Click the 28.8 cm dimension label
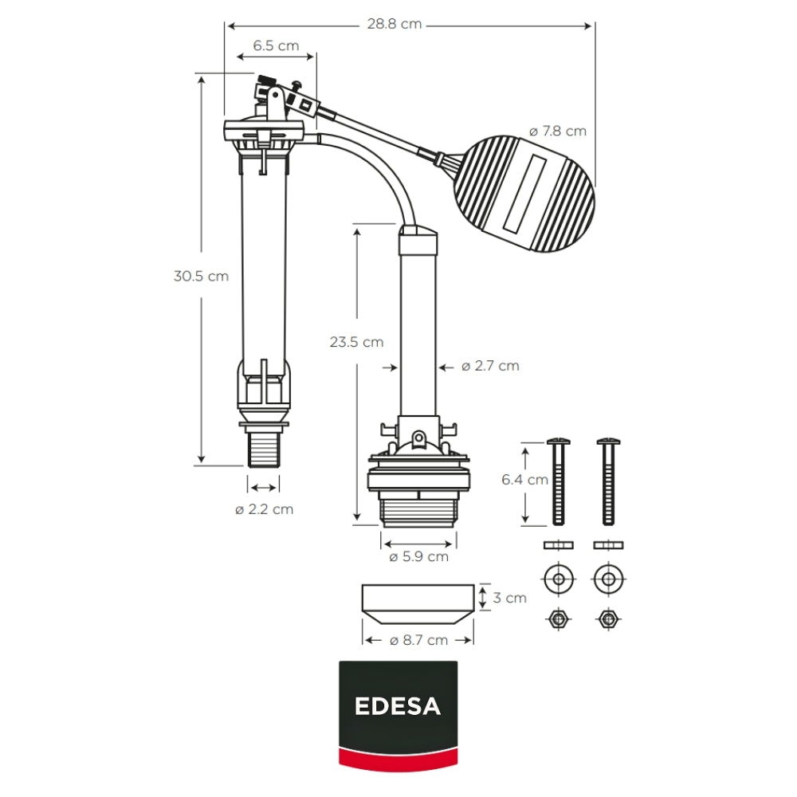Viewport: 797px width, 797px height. coord(395,25)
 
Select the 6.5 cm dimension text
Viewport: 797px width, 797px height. coord(276,45)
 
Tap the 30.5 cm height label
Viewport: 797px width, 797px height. coord(202,276)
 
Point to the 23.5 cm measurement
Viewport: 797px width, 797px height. coord(356,342)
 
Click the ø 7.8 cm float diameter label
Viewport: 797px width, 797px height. coord(558,132)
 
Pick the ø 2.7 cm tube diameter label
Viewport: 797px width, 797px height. coord(490,366)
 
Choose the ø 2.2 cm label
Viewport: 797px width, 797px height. coord(265,509)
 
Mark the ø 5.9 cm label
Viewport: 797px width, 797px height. coord(419,557)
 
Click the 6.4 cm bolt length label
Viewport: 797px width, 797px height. coord(524,480)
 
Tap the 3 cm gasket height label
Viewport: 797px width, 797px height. coord(510,598)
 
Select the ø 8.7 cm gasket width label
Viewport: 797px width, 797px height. coord(419,641)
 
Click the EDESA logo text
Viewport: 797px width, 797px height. coord(398,706)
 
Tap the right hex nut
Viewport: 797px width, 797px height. coord(608,619)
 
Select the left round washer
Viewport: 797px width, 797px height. coord(559,579)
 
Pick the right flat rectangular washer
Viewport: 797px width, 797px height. coord(608,545)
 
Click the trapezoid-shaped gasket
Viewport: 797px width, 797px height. coord(418,605)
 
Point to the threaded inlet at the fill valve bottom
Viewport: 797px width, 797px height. coord(264,449)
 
